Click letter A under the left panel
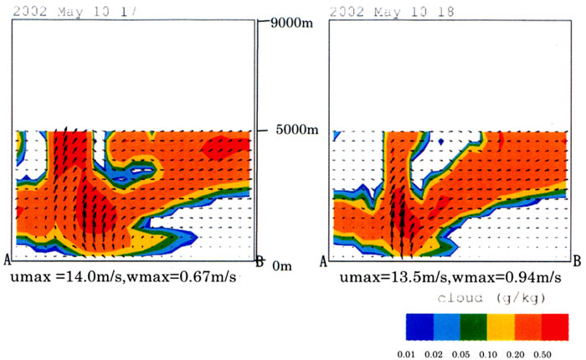8,260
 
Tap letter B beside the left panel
260,261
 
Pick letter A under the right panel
324,261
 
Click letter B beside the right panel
577,261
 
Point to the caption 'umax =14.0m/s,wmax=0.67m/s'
126,276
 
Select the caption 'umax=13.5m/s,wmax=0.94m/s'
441,276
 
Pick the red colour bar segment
560,326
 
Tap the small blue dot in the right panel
440,142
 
